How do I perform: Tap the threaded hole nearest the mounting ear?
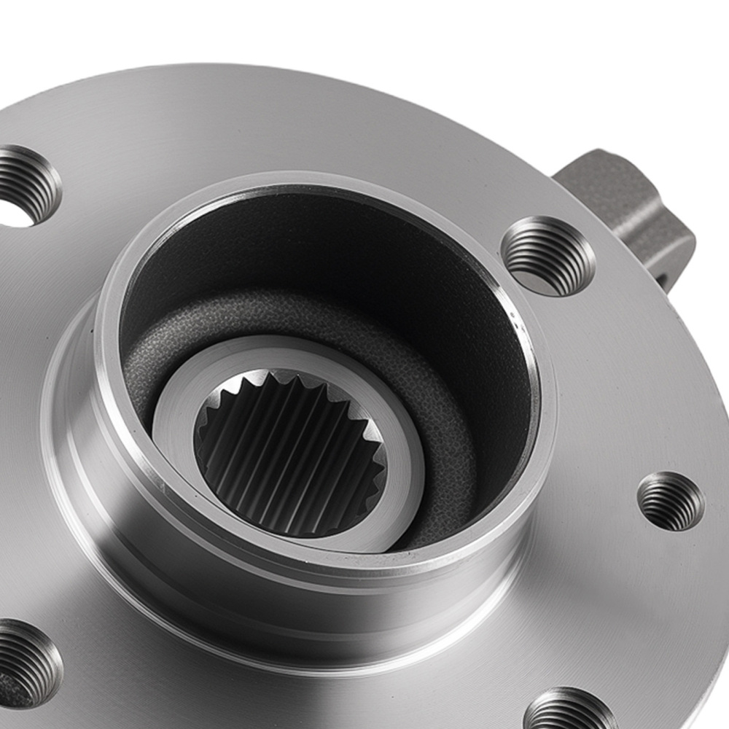pos(548,256)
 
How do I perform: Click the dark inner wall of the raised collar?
pos(328,241)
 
